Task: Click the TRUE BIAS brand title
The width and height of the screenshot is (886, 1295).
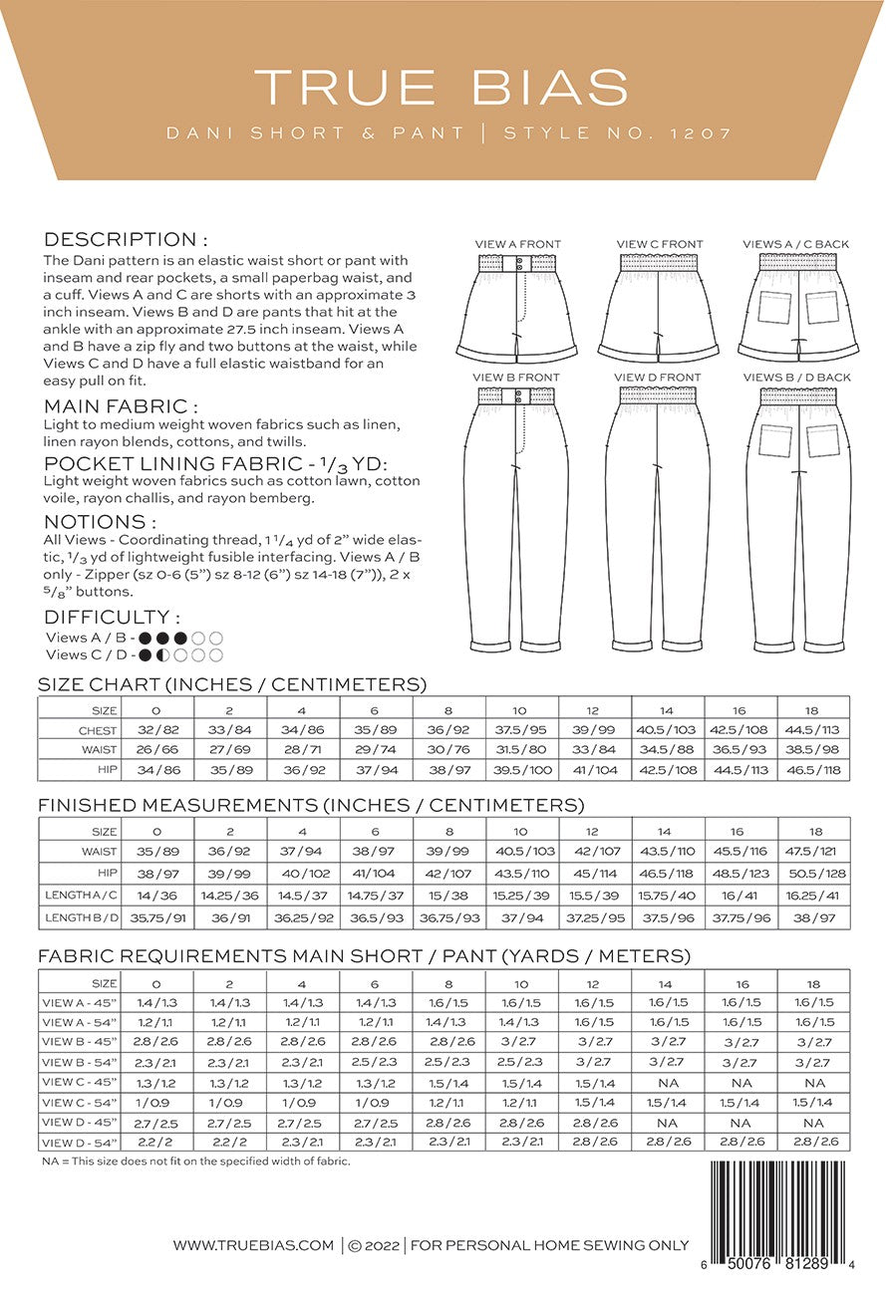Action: click(442, 87)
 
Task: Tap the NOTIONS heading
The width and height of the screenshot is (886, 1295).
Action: click(101, 522)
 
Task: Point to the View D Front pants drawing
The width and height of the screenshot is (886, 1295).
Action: click(658, 518)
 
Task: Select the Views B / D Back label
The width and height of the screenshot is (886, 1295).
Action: click(796, 378)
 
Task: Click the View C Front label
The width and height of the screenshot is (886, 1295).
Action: click(659, 244)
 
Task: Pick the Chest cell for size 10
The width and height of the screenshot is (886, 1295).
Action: click(521, 730)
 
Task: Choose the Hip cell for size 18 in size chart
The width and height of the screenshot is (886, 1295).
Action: click(814, 770)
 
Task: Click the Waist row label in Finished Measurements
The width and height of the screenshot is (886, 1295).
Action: click(99, 852)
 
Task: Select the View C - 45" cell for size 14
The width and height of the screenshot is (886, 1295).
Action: click(668, 1082)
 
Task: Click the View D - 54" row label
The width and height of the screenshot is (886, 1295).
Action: click(80, 1142)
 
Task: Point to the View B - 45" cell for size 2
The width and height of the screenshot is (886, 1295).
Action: click(230, 1042)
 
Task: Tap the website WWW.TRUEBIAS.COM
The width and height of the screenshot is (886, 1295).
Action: click(253, 1244)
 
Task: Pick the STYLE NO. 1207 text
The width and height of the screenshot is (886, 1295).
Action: click(618, 132)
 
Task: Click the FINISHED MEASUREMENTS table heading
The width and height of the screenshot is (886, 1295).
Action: click(311, 805)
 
